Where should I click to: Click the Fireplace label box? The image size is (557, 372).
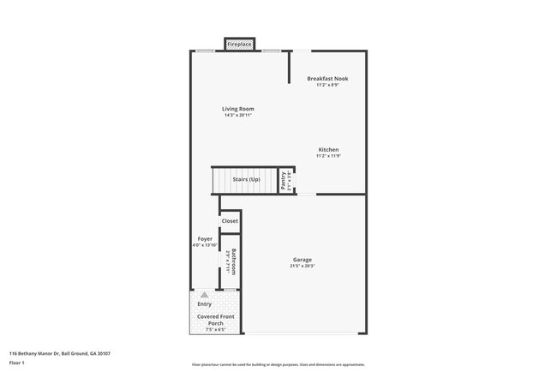pos(240,44)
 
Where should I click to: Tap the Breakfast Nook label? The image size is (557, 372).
pos(327,79)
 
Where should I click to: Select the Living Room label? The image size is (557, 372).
pos(238,109)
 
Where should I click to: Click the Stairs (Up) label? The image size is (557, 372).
pos(246,179)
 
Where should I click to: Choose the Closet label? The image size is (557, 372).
pos(230,221)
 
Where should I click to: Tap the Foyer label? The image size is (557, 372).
pos(205,239)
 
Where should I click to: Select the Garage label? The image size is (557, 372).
pos(302,259)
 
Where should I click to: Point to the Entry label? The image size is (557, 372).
pos(204,304)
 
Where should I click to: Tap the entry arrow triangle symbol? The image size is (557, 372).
pos(204,295)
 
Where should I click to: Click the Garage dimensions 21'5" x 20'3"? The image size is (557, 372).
pos(302,266)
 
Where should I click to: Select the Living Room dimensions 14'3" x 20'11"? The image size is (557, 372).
pos(238,116)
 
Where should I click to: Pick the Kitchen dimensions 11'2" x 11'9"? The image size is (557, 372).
pos(328,156)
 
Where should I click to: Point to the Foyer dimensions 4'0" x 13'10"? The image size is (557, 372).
pos(205,246)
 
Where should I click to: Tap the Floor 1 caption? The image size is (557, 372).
pos(17,363)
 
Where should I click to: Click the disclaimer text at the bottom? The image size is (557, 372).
pos(278,364)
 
